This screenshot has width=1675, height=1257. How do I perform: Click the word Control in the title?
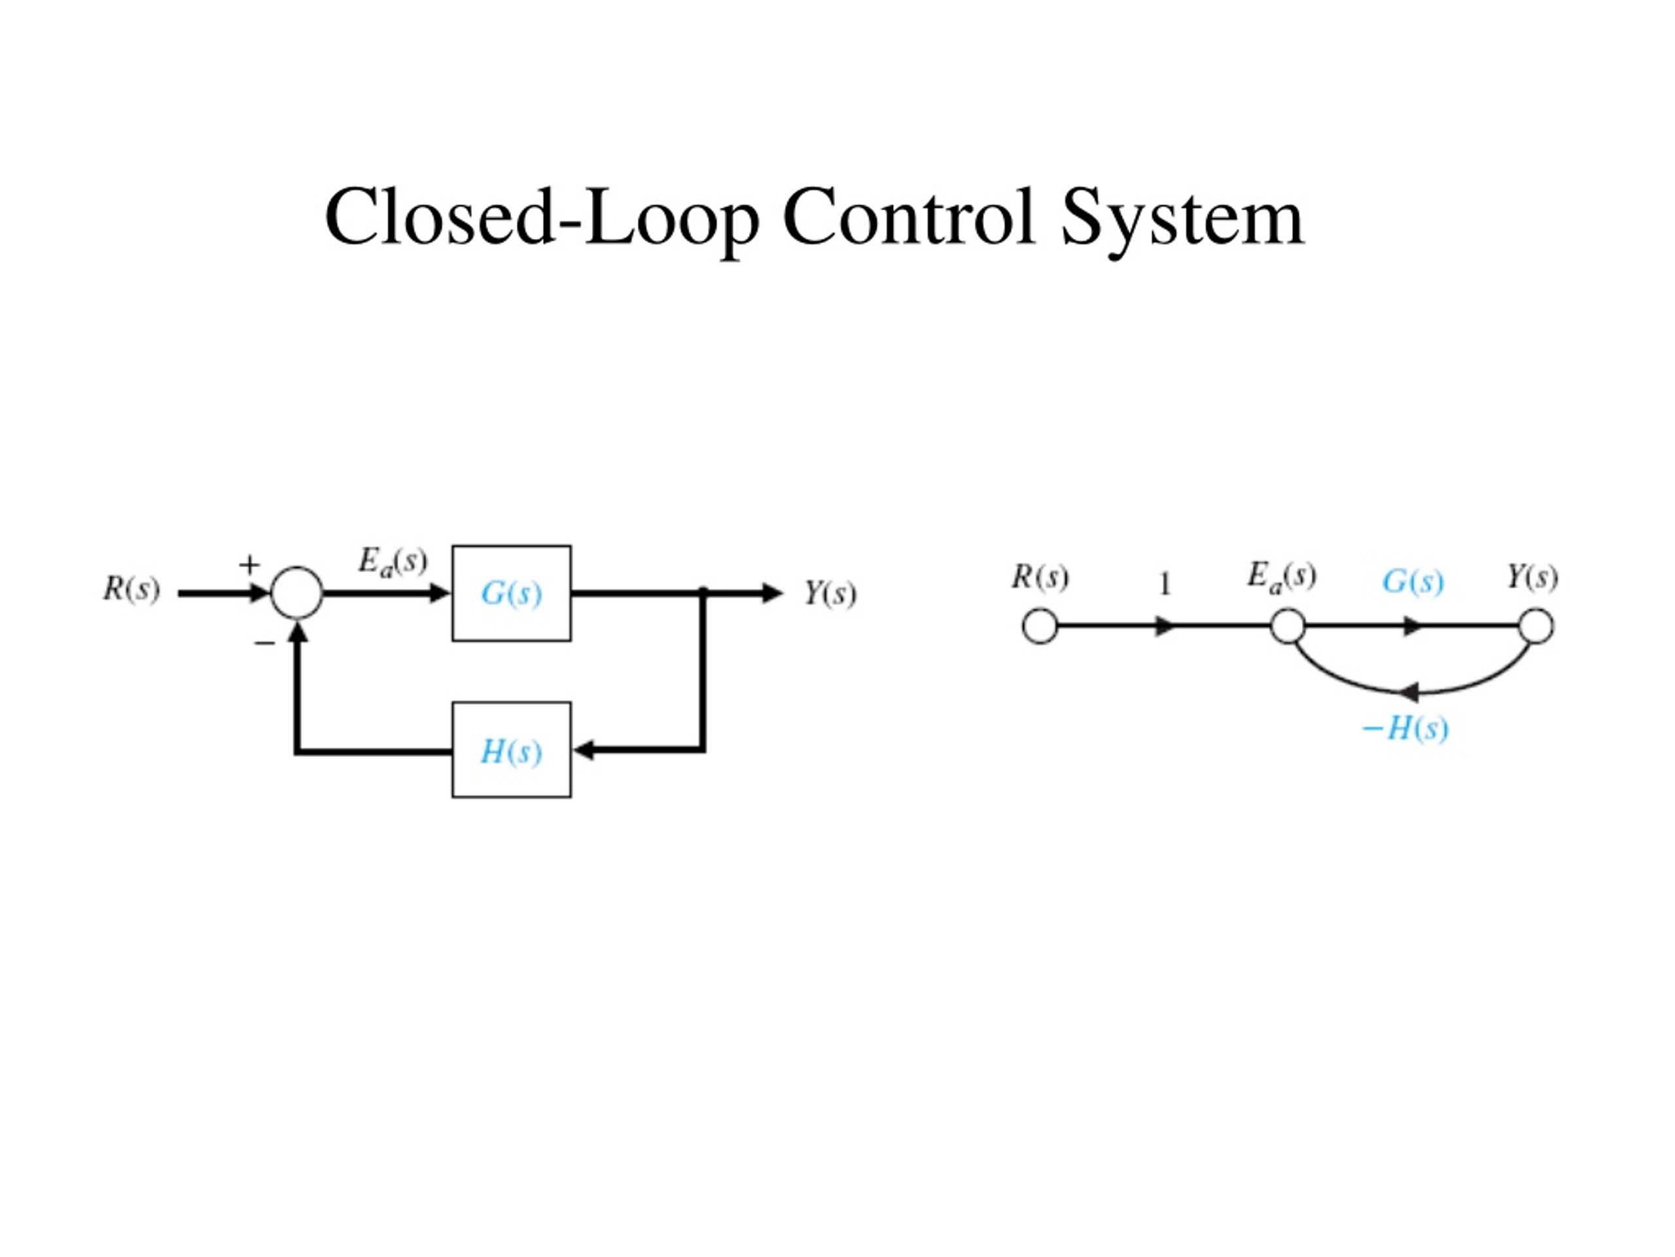point(908,217)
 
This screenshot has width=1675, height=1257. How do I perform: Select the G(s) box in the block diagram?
point(511,593)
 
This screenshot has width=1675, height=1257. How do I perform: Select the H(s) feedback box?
point(511,750)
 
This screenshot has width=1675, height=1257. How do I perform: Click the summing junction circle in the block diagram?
point(297,592)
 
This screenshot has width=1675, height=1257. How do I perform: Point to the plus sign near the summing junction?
point(249,564)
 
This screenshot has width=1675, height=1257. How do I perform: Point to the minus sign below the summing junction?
point(264,644)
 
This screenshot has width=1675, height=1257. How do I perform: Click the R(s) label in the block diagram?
point(132,589)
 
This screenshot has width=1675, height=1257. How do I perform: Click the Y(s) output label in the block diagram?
point(830,593)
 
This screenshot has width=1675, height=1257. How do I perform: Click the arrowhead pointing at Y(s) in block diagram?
point(771,592)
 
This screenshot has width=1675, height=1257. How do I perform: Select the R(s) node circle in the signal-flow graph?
point(1040,627)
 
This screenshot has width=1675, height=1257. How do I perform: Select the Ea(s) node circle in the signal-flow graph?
point(1287,627)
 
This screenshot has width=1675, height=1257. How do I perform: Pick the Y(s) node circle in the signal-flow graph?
point(1536,627)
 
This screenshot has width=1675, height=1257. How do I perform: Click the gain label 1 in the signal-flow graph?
point(1165,584)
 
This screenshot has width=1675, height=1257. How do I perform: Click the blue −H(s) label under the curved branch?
point(1405,729)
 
